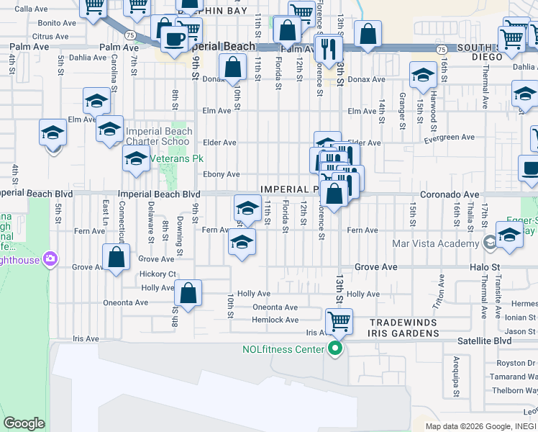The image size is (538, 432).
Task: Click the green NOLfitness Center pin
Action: click(x=334, y=351)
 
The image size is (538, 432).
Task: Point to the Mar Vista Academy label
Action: click(x=435, y=243)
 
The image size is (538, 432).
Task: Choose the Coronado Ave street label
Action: click(x=450, y=194)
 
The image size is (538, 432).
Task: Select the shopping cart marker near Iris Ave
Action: click(x=339, y=321)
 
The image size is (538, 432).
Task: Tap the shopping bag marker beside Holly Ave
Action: click(x=188, y=293)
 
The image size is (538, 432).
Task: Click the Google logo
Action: click(x=24, y=423)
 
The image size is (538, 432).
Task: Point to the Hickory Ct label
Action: click(x=158, y=274)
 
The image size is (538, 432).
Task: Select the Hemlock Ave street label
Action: click(x=275, y=320)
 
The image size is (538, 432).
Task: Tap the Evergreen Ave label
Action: click(x=450, y=137)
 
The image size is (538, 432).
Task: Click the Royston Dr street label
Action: click(x=521, y=363)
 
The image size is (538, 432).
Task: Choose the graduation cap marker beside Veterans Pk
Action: click(x=136, y=160)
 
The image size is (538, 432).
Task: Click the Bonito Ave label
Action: click(x=57, y=23)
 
